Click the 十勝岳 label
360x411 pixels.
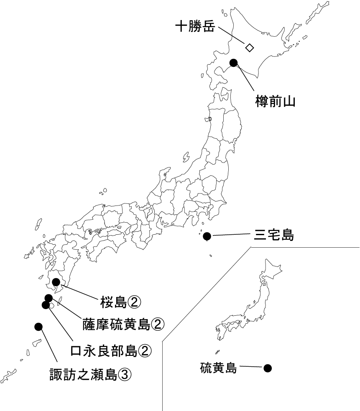(195, 28)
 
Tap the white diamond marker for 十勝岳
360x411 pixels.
(250, 47)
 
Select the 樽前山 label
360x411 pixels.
(275, 101)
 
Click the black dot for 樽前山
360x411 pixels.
(234, 63)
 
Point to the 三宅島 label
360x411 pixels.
(274, 236)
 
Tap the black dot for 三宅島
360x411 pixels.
(207, 236)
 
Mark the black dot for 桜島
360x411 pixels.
(56, 282)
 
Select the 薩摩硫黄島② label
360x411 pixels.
(122, 325)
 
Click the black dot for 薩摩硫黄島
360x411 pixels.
(49, 298)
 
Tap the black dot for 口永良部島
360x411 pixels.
(46, 304)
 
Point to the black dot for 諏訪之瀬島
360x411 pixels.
(38, 326)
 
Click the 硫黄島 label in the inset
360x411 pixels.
(219, 368)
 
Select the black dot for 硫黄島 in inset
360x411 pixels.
(268, 368)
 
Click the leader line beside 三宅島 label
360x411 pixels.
(230, 236)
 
